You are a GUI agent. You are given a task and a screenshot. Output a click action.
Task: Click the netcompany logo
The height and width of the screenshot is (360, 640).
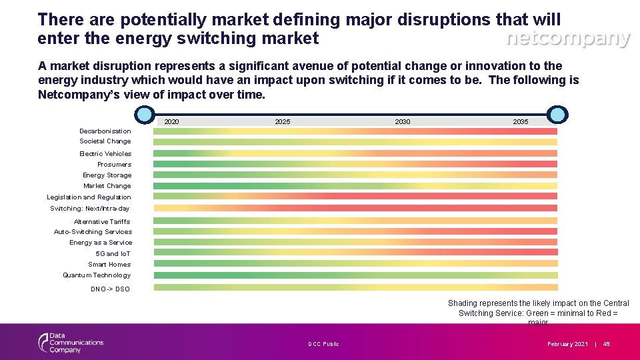coord(567,39)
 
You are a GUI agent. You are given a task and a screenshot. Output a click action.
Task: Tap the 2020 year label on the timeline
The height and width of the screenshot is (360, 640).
coord(171,121)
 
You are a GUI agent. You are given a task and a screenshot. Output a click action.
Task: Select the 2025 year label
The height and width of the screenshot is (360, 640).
coord(282,121)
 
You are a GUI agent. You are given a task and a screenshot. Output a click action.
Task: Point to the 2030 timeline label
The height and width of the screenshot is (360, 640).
coord(403,121)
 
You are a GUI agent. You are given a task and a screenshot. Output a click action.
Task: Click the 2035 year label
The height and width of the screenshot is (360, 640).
coord(520,121)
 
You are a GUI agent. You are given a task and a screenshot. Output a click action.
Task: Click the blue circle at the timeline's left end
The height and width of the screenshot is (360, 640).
coord(144,115)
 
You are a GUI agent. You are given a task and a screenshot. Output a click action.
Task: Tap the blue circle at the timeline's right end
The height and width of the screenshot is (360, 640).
coord(557,115)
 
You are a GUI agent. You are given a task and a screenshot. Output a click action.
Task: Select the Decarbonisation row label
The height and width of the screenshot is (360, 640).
coord(105,131)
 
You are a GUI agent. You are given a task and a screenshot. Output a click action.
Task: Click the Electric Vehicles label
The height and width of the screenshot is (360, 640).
coord(105,153)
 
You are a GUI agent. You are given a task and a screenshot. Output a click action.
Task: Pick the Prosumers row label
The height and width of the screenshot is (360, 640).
coord(114,164)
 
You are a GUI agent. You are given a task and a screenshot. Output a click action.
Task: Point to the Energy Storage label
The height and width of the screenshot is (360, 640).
coord(107,175)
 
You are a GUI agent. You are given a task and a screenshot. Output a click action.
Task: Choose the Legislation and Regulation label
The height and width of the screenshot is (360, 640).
coord(89,197)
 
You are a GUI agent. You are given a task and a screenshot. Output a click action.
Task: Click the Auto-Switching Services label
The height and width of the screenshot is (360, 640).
coord(93,232)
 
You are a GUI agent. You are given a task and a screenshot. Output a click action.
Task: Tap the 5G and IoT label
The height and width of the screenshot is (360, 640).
coord(113,253)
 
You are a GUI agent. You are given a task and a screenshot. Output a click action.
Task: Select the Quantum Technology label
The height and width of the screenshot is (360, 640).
coord(97,275)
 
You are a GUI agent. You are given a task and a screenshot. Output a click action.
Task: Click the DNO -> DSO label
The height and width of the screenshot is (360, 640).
coord(110,289)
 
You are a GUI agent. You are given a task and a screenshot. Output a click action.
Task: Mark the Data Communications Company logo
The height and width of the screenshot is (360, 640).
coord(71,343)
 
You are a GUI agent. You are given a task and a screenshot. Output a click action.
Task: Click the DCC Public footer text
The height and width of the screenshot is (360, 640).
coord(323,344)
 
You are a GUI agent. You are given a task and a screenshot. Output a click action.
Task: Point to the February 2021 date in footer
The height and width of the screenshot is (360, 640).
coord(567,344)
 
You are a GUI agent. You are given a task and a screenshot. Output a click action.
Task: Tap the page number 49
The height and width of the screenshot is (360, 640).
coord(606,344)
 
